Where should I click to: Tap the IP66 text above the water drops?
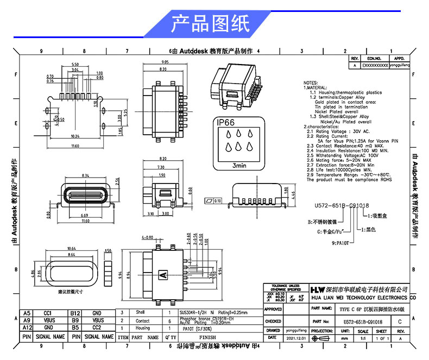[225, 123]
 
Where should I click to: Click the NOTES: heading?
[310, 83]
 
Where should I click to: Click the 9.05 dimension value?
[165, 62]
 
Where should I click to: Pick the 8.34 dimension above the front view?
[85, 176]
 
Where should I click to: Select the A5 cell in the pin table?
[27, 313]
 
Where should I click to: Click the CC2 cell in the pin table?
[97, 328]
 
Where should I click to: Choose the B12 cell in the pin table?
[75, 313]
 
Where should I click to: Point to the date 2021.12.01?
[300, 338]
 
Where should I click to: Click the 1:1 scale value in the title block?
[363, 338]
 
